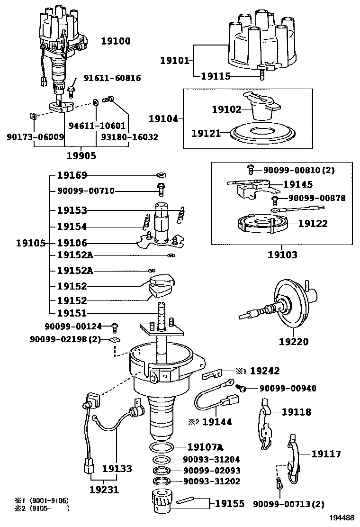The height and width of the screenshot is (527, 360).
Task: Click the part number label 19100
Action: coord(116,41)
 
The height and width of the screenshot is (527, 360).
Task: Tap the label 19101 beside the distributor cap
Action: coord(174,60)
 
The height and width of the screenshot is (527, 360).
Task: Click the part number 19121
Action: coord(206,134)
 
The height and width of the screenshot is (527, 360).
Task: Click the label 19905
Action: coord(81,155)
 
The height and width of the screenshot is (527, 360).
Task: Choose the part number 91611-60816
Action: coord(112,78)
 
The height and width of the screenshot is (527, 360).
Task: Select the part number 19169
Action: coord(72,175)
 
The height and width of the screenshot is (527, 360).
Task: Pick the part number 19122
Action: coord(312,223)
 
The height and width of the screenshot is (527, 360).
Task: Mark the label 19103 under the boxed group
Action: coord(282,255)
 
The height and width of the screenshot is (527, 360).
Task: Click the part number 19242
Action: coord(265,371)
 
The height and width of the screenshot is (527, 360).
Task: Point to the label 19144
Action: coord(217,421)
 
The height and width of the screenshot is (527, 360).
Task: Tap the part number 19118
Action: coord(297,412)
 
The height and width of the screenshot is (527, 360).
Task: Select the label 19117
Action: coord(326,454)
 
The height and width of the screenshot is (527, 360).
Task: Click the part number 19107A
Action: coord(205,447)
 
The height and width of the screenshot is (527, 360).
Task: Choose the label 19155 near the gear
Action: coord(230,503)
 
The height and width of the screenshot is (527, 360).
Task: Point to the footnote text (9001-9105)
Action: coord(49,500)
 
